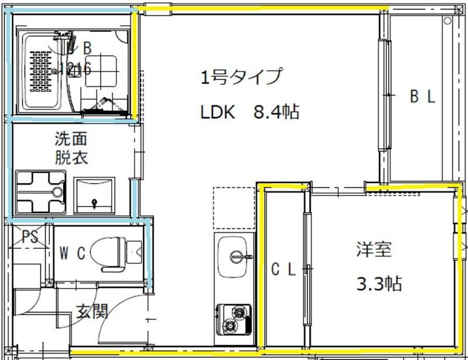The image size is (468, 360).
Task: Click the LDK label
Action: coord(217,112)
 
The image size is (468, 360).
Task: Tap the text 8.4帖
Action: coord(275,112)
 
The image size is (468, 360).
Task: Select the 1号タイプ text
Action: coord(240,77)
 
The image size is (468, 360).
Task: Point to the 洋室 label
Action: coord(374,249)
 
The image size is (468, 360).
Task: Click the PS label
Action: coord(30,237)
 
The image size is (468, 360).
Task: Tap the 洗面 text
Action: coord(71,139)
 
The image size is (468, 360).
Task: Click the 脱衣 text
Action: coord(71,157)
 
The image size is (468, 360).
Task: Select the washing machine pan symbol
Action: coord(40,192)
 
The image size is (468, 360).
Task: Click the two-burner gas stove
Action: coord(233,319)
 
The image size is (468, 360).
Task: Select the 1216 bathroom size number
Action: coord(76,68)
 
